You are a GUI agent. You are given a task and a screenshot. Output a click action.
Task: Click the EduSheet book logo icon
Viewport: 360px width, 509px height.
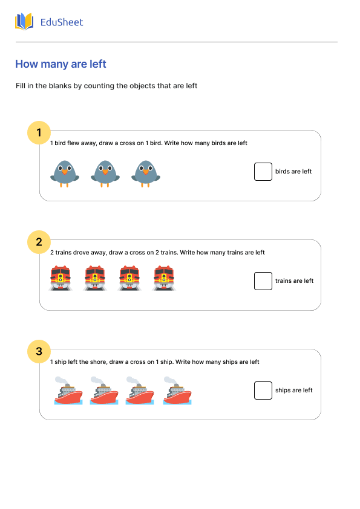24,22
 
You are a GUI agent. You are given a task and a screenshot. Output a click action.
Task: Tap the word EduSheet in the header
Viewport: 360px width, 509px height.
62,22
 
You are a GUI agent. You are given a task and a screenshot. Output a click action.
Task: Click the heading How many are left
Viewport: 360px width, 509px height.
61,64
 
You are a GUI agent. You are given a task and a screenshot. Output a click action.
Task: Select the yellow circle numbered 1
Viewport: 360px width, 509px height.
39,132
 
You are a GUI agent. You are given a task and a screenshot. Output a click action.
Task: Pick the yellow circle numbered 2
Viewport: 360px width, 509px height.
39,242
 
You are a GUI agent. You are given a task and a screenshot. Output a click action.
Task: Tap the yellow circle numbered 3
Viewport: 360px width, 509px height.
39,351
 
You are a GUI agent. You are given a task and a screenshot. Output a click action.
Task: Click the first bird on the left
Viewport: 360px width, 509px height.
65,173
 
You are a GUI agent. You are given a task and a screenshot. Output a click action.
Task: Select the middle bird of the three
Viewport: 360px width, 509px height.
105,173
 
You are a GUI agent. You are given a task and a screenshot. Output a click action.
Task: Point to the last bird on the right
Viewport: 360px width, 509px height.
146,173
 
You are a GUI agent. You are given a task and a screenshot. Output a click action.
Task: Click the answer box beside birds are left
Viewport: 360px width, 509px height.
263,172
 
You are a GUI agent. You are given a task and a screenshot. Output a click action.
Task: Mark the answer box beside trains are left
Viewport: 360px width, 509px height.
263,280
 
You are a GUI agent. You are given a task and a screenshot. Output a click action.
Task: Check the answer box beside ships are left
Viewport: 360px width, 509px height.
263,390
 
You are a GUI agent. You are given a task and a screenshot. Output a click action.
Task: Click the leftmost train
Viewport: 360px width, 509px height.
61,278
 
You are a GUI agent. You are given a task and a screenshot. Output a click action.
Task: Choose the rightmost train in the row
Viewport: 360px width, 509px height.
164,278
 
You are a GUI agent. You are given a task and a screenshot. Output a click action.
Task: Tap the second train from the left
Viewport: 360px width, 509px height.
95,278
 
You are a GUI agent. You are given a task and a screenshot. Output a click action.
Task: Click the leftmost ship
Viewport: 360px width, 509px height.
68,391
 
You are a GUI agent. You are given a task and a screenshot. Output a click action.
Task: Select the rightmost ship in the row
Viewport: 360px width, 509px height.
177,391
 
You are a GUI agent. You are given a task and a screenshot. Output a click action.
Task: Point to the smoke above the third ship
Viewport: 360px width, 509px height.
133,380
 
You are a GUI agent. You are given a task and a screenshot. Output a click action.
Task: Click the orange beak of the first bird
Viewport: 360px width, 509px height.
65,172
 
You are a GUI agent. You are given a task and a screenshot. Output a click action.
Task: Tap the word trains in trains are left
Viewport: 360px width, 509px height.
283,280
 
